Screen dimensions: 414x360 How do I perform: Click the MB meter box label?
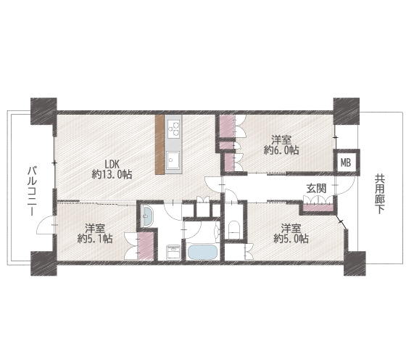346,163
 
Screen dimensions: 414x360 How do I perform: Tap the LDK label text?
112,164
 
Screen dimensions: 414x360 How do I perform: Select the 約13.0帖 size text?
112,174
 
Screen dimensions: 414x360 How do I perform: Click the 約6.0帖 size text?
281,150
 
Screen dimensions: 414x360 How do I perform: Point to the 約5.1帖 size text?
95,239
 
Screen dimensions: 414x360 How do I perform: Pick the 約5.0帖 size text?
291,239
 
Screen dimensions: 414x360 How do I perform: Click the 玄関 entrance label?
316,189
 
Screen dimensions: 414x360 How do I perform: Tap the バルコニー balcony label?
33,191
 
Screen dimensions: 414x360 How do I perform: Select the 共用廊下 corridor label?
380,194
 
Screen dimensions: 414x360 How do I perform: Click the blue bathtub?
202,253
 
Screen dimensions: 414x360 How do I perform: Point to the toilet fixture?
233,229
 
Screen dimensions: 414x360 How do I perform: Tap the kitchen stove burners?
173,128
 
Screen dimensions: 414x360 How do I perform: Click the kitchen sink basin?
173,160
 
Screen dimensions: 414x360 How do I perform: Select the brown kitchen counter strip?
160,144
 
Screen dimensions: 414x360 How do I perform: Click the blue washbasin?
146,216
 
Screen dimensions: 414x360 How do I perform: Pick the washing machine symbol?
173,253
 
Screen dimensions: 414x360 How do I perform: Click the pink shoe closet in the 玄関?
319,208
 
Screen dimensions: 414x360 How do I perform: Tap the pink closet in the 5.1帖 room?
146,246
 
